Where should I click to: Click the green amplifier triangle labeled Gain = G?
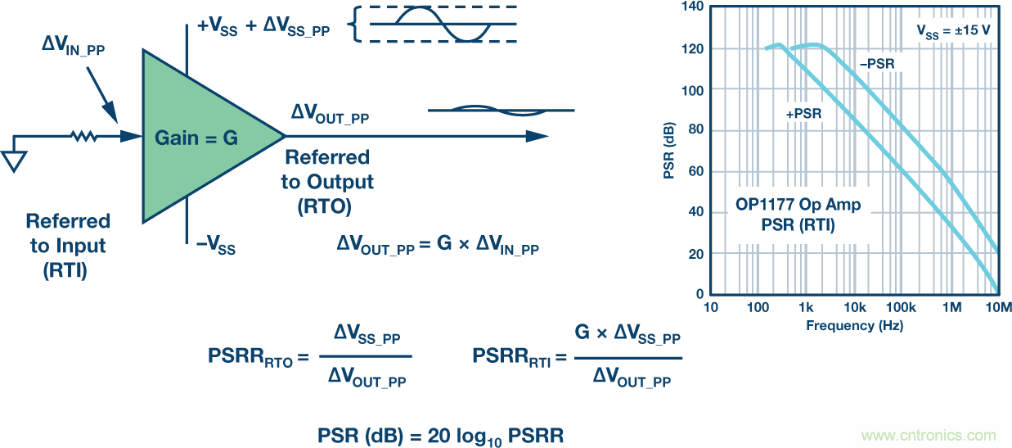[x=196, y=137]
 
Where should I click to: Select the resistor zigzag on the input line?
[x=83, y=137]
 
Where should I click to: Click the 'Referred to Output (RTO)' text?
[x=327, y=182]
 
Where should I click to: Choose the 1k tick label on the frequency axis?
[x=807, y=308]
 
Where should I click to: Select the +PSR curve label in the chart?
[x=803, y=115]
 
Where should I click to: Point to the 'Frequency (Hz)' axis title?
[x=854, y=325]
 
